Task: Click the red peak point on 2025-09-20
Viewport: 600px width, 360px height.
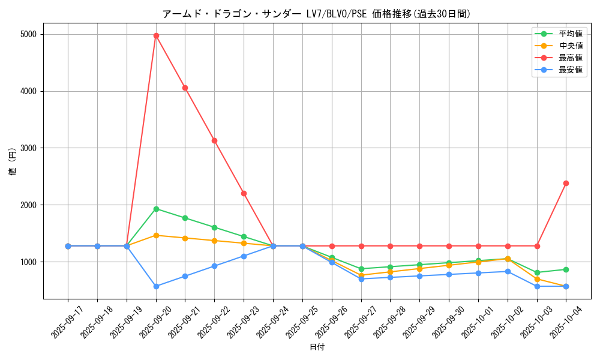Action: pyautogui.click(x=156, y=35)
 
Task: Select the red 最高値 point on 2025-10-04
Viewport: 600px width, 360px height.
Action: pyautogui.click(x=566, y=183)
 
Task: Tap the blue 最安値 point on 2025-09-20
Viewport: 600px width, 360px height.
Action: pyautogui.click(x=156, y=286)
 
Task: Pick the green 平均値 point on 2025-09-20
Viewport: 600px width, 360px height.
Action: pyautogui.click(x=156, y=209)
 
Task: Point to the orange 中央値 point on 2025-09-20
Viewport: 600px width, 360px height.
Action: pyautogui.click(x=156, y=235)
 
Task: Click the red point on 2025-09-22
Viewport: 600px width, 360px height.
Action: pyautogui.click(x=214, y=140)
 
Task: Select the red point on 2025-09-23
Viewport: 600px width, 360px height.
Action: pyautogui.click(x=244, y=193)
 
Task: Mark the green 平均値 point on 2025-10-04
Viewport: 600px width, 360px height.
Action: pyautogui.click(x=566, y=269)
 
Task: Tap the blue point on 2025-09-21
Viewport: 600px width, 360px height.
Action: pyautogui.click(x=185, y=276)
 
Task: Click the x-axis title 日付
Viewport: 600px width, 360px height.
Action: pyautogui.click(x=317, y=347)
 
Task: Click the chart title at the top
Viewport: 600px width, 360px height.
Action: pyautogui.click(x=317, y=13)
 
